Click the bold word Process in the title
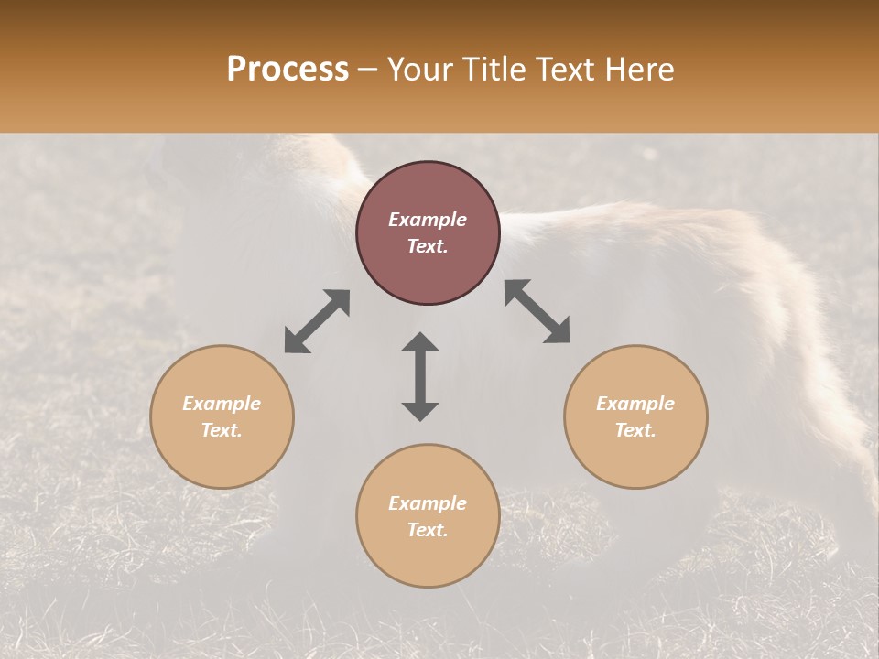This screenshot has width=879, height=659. tap(288, 70)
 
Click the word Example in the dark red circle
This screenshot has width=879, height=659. tap(428, 220)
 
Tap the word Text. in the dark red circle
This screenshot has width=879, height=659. tap(428, 246)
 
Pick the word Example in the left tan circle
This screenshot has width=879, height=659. tap(222, 404)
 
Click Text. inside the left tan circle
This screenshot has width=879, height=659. tap(222, 430)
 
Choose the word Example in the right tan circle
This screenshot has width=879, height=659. tap(635, 404)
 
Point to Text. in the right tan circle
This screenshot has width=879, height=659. tap(635, 430)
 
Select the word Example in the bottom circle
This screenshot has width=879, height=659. tap(428, 503)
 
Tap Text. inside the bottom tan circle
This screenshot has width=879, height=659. tap(428, 530)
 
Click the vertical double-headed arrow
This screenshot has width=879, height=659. tap(420, 376)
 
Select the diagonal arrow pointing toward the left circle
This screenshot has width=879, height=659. tap(317, 321)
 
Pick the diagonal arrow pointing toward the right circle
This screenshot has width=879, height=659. tap(537, 311)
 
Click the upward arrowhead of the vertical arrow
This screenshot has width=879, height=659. tap(420, 340)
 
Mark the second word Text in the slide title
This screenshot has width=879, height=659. tap(565, 70)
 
